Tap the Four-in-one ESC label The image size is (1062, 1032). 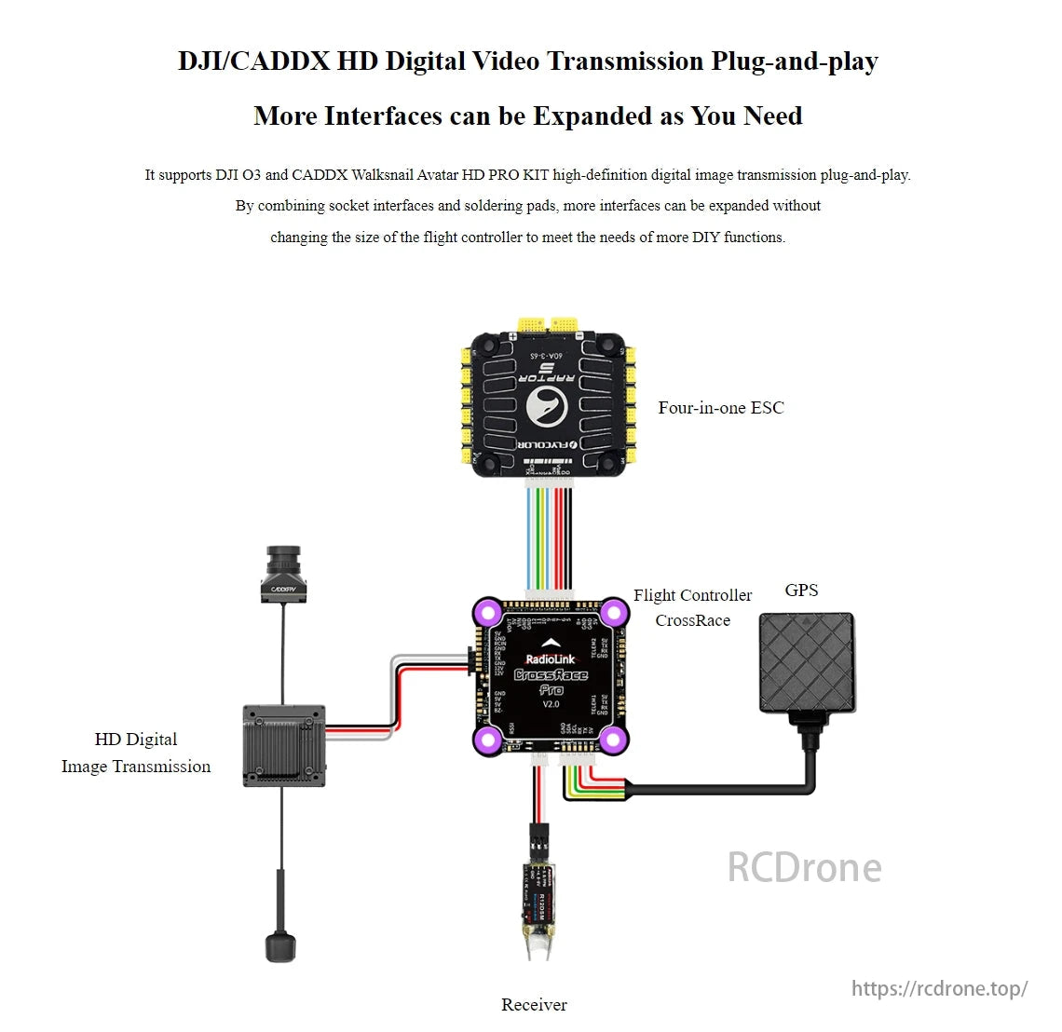720,408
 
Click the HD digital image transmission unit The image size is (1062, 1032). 284,745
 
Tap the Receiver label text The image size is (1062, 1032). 534,1005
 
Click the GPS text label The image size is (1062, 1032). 801,591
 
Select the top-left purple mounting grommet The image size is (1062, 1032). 486,613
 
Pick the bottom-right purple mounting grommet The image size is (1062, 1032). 612,740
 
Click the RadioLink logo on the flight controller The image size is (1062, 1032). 551,659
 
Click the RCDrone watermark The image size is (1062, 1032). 804,867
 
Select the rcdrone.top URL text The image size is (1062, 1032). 939,988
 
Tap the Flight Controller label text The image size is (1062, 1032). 692,596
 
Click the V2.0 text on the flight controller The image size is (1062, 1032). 551,704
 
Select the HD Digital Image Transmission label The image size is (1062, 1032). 136,753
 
